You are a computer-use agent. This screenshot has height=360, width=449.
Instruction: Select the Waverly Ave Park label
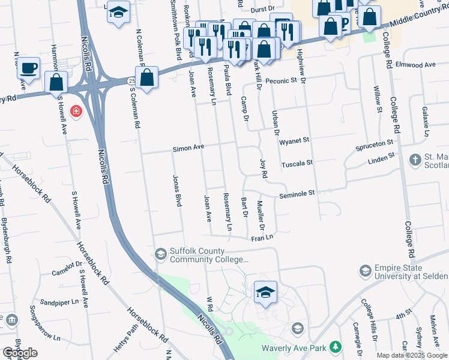pos(304,348)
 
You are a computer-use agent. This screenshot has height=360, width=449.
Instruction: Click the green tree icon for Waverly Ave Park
pos(336,347)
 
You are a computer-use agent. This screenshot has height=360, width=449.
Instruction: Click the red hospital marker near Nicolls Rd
pos(76,112)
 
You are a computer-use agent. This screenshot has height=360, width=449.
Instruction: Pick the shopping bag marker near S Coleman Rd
pos(146,77)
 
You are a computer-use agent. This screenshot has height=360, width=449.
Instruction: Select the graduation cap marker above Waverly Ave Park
pos(265,292)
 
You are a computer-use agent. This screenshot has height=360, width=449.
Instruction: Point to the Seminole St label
pos(298,194)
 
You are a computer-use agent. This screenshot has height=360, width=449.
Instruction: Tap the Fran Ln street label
pos(262,238)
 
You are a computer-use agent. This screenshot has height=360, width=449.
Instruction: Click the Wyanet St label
pos(294,140)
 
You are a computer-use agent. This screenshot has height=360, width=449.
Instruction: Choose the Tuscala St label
pos(298,163)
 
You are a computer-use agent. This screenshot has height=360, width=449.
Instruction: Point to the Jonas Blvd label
pos(177,193)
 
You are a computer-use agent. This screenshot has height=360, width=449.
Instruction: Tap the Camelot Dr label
pos(66,269)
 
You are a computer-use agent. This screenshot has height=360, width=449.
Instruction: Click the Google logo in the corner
pos(20,353)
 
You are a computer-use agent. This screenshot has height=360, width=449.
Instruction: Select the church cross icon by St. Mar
pos(414,160)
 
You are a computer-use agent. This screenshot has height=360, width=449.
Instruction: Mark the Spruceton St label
pos(373,144)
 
